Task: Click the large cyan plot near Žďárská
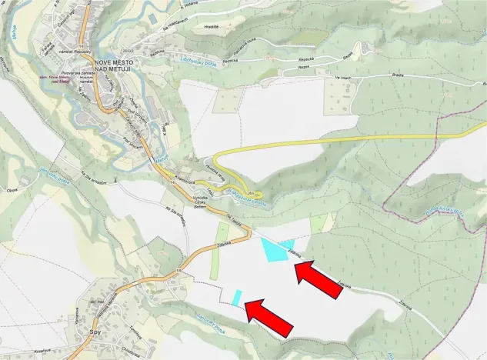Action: click(275, 250)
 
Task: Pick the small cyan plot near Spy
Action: click(238, 295)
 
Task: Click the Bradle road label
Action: click(376, 75)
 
